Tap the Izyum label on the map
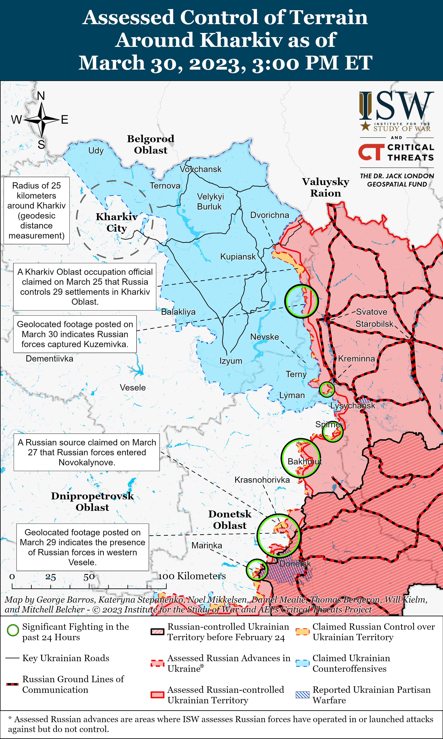pos(231,361)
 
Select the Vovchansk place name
pos(201,169)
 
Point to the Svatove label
pos(371,312)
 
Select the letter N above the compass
pos(41,96)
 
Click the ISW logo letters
pos(396,106)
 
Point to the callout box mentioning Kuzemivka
pos(75,334)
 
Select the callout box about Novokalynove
pos(87,452)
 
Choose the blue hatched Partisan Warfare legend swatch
pos(302,695)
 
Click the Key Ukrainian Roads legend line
pos(13,658)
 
